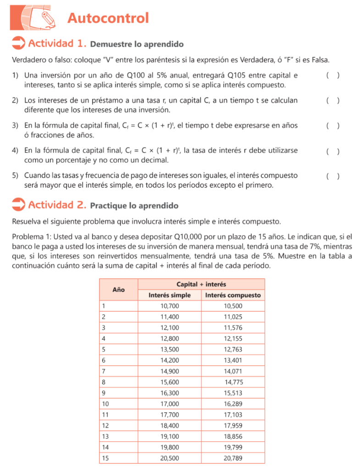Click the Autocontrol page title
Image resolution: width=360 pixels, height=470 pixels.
[108, 18]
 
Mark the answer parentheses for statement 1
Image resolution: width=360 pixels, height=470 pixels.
[332, 76]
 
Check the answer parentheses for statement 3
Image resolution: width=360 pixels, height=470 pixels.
[332, 126]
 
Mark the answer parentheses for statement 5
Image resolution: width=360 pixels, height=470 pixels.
[332, 176]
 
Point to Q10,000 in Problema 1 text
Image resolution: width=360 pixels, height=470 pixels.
[188, 237]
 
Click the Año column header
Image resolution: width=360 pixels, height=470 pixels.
[118, 290]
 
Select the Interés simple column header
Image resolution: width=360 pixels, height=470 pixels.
[170, 295]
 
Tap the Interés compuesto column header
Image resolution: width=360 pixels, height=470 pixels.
[233, 295]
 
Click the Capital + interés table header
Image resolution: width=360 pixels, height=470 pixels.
[201, 285]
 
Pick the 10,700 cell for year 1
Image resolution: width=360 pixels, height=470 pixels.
[170, 306]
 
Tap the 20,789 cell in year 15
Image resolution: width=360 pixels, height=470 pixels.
[233, 458]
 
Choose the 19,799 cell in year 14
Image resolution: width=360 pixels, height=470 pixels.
[233, 447]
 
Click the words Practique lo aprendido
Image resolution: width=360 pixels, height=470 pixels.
[134, 206]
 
